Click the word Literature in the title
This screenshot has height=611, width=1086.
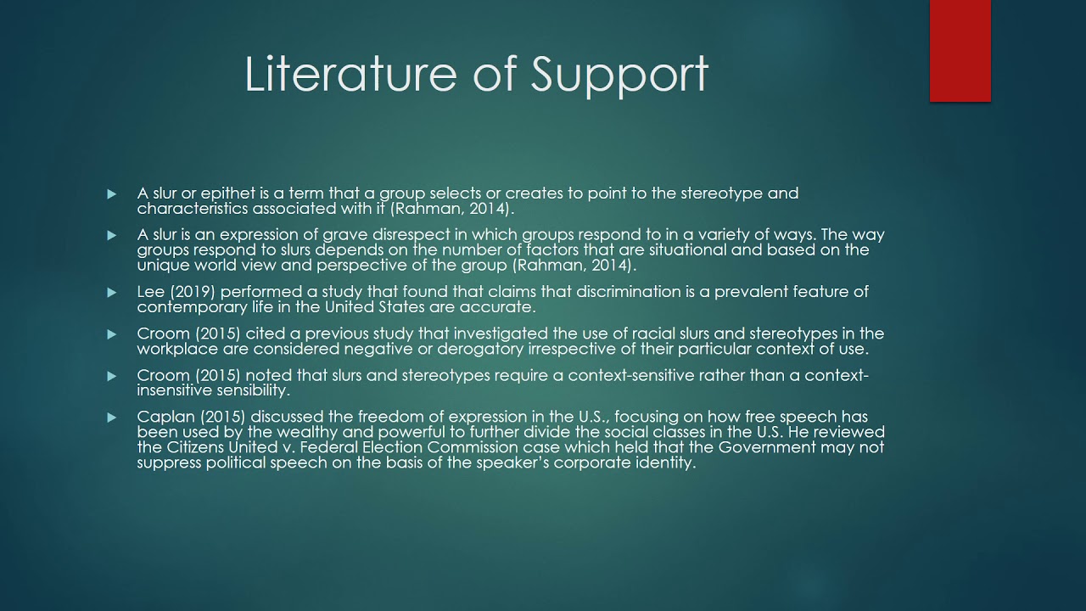click(x=350, y=74)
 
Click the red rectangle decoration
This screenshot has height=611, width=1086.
click(x=960, y=51)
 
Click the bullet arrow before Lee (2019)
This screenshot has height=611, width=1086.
click(x=111, y=293)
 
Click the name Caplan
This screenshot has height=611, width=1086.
click(x=165, y=417)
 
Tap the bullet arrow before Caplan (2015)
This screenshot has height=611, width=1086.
click(x=111, y=418)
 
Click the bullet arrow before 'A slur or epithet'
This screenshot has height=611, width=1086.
click(x=111, y=194)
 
